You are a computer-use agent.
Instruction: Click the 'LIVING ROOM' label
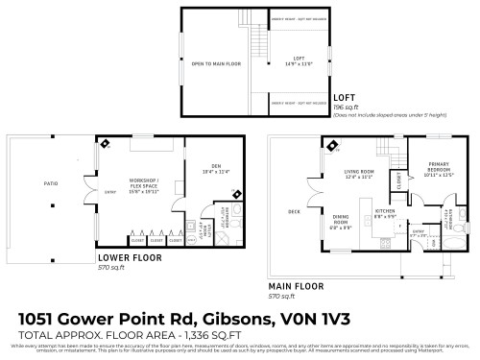(358, 175)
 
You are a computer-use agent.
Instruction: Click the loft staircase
(257, 43)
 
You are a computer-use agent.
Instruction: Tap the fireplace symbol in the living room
(332, 147)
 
